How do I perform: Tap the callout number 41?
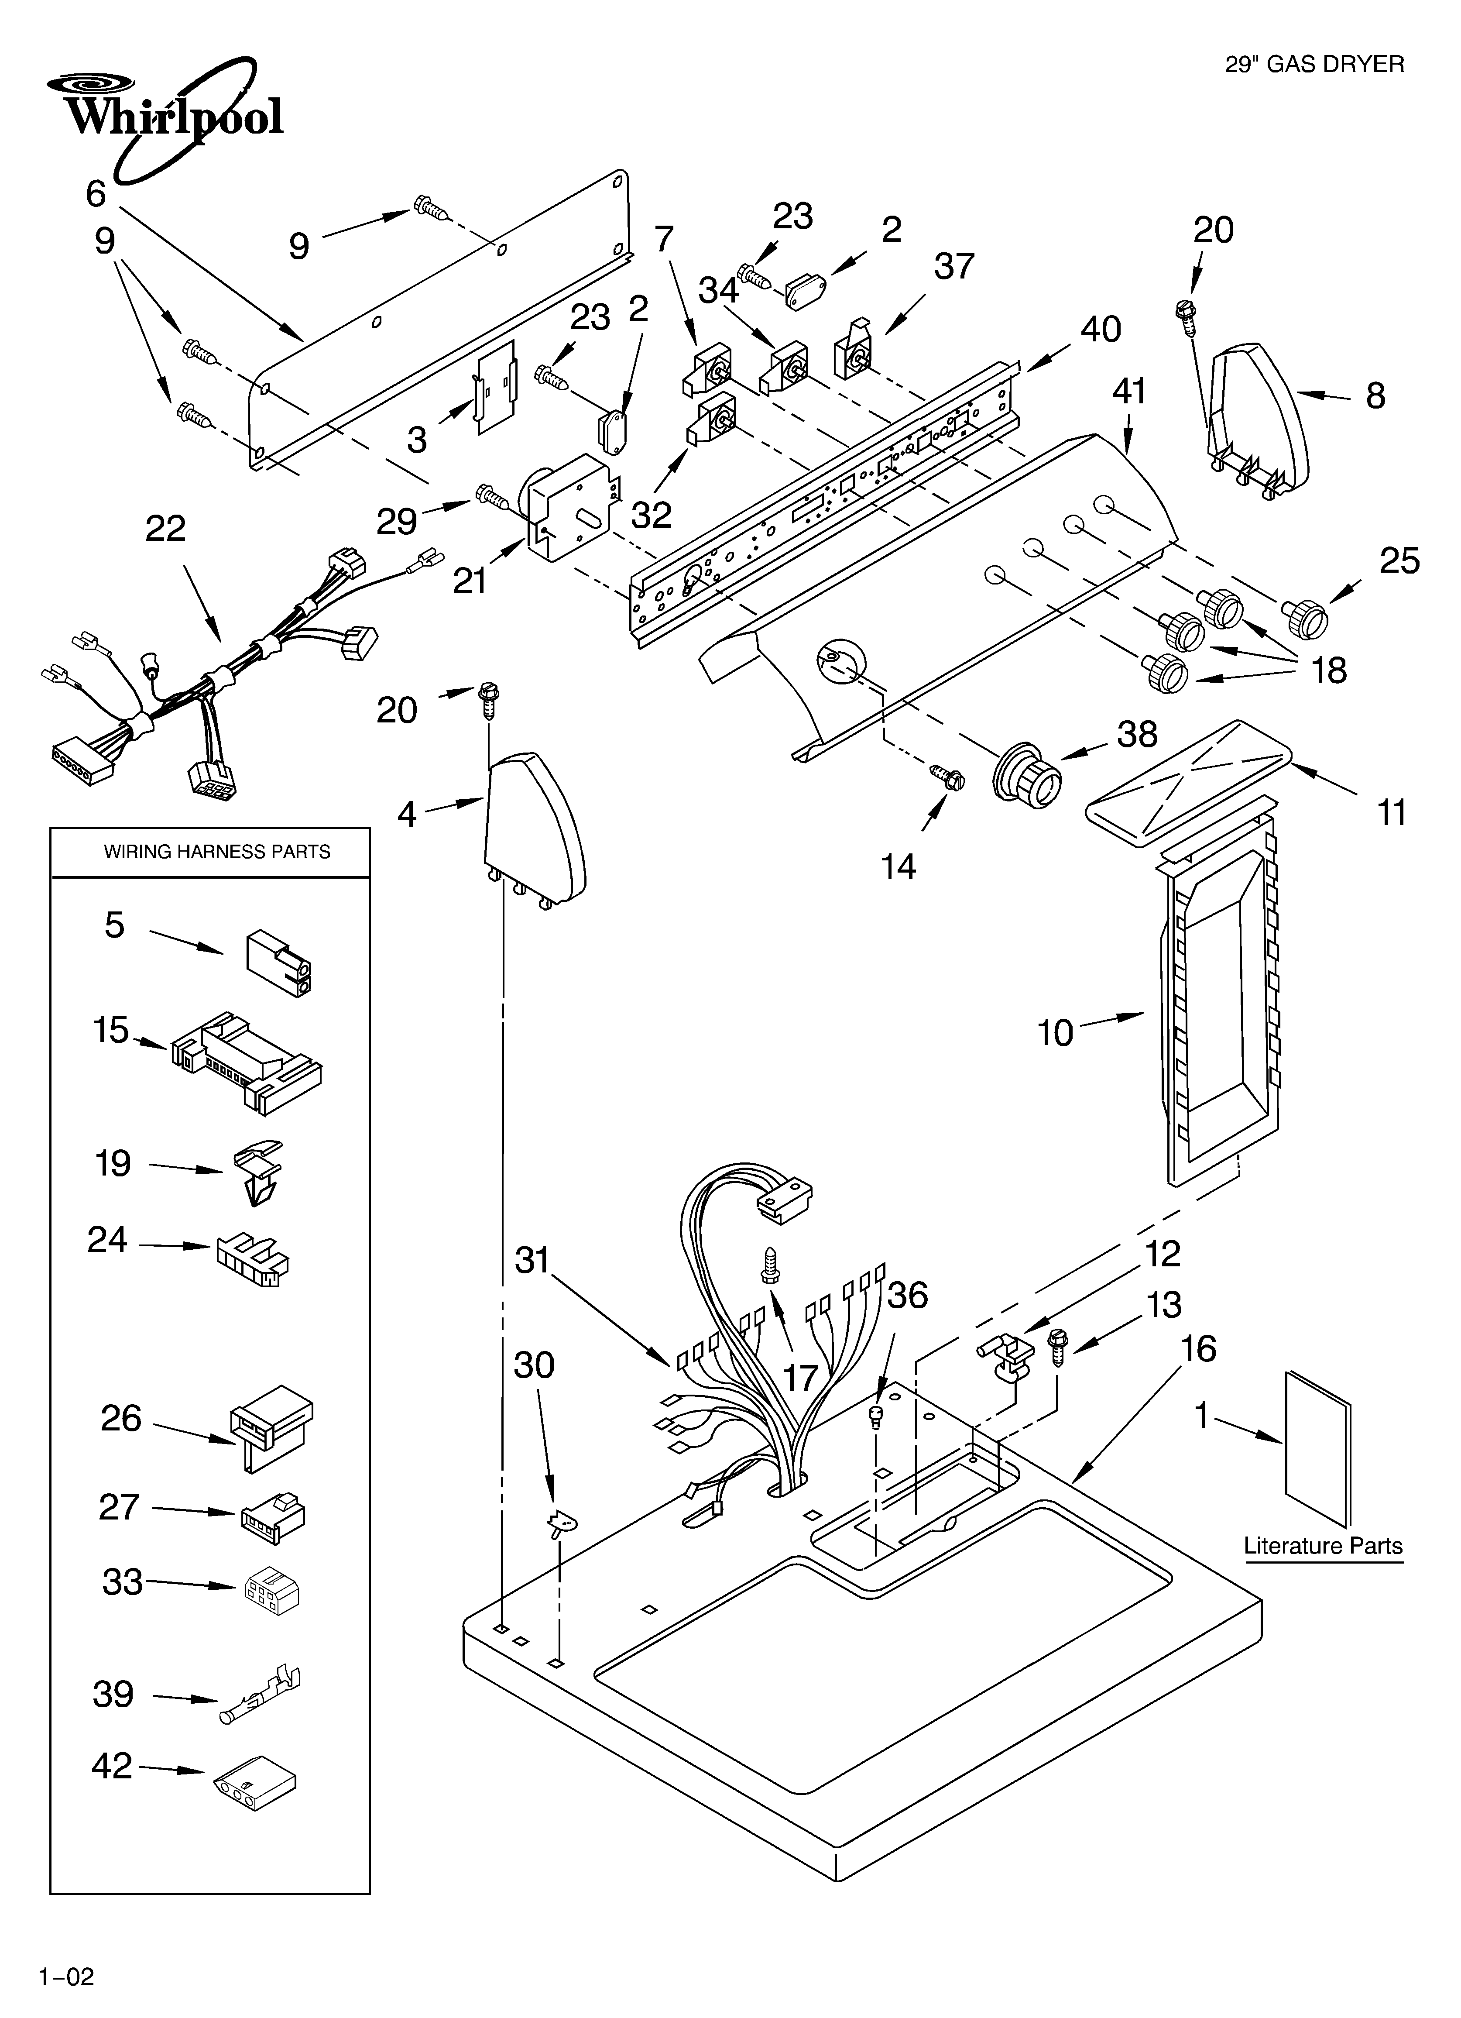(1129, 392)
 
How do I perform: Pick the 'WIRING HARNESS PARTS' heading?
(217, 852)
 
